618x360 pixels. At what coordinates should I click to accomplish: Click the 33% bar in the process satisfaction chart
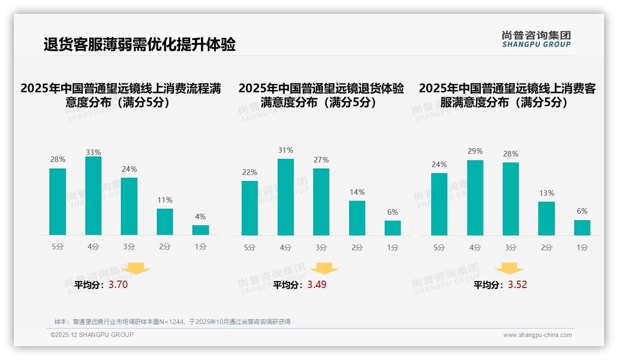(93, 196)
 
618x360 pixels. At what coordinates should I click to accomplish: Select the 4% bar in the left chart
(201, 230)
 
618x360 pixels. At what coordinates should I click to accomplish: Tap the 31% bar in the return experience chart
(285, 197)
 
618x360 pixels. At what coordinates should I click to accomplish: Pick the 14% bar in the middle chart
(357, 218)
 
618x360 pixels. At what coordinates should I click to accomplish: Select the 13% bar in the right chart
(547, 218)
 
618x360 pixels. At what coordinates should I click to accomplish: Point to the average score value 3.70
(118, 285)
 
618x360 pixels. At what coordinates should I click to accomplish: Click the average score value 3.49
(317, 285)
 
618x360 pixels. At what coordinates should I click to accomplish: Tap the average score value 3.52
(517, 285)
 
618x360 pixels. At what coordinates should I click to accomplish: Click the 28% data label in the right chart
(511, 154)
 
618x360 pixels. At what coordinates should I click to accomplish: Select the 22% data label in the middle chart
(250, 173)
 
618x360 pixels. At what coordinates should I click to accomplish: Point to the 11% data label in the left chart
(165, 200)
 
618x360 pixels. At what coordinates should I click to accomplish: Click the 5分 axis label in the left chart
(58, 247)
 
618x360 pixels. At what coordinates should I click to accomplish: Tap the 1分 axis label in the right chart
(582, 248)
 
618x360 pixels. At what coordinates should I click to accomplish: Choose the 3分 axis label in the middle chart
(321, 248)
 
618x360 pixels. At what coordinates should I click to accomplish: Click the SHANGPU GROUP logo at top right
(536, 39)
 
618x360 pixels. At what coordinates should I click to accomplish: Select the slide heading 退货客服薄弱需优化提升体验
(140, 45)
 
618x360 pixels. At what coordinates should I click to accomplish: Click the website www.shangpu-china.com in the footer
(537, 335)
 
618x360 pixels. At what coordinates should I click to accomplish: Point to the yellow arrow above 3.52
(509, 269)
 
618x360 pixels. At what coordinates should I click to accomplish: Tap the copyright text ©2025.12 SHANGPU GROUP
(92, 335)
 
